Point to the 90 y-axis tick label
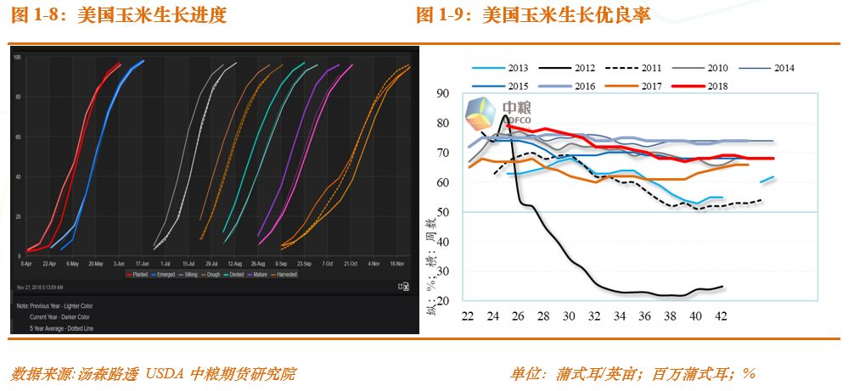point(441,93)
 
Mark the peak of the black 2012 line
point(505,116)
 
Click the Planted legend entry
point(142,275)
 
